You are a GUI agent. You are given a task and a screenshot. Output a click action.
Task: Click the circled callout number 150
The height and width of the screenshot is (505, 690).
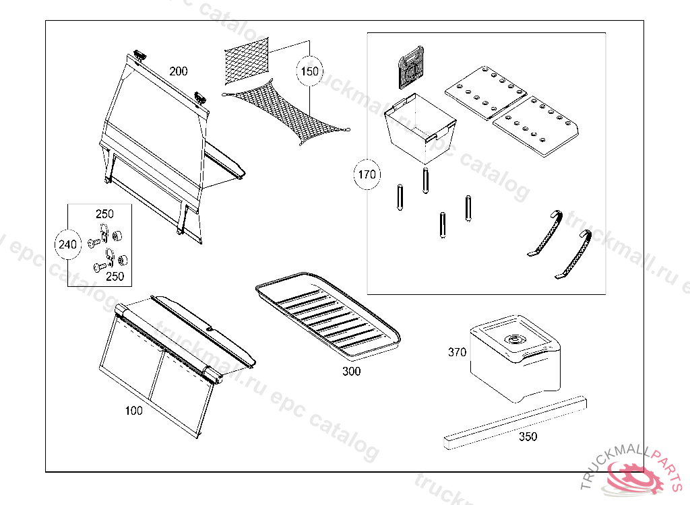(309, 72)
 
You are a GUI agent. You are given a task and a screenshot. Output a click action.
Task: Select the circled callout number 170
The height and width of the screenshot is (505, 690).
(367, 175)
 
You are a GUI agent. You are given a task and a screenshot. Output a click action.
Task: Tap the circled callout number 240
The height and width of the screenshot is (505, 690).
(68, 244)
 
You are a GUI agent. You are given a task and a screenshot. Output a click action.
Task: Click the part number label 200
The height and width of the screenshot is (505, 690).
(179, 71)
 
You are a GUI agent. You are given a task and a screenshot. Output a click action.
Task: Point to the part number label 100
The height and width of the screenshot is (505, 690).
(134, 411)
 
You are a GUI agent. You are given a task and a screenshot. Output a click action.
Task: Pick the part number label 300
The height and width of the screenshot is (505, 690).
(351, 371)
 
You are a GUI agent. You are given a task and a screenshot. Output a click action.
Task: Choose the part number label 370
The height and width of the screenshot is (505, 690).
(457, 351)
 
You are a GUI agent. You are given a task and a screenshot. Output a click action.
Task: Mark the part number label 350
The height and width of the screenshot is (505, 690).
(528, 436)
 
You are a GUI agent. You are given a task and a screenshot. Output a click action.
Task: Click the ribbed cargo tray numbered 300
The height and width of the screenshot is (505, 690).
(328, 316)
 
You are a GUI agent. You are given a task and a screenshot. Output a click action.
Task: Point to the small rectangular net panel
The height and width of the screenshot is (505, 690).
(245, 61)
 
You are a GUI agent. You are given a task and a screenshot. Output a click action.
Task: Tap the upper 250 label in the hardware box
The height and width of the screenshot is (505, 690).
(104, 213)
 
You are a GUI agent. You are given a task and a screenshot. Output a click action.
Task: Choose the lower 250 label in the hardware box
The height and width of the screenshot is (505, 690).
(115, 276)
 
